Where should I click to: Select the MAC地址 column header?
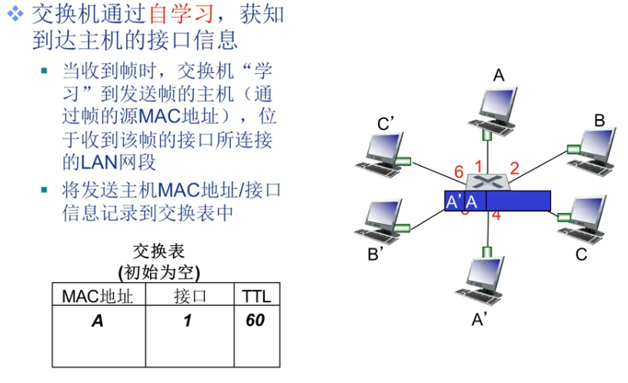(98, 295)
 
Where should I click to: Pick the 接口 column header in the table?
(187, 295)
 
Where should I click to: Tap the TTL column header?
(256, 295)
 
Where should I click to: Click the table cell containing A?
(98, 321)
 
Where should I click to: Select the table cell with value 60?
(256, 321)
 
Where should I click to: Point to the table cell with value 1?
(187, 321)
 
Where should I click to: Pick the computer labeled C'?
(382, 154)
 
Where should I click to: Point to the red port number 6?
(459, 172)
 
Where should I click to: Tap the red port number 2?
(515, 168)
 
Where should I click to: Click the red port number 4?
(496, 215)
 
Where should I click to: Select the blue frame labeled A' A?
(497, 201)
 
